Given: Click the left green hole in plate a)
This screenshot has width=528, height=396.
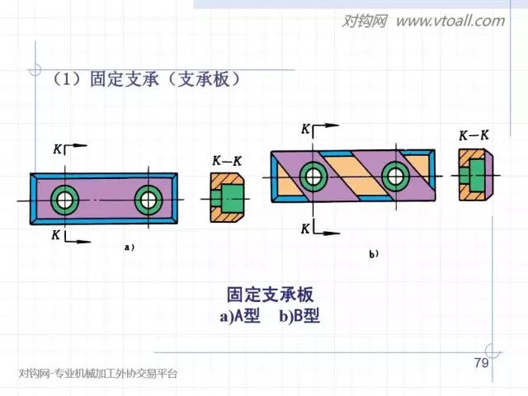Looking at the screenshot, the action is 64,199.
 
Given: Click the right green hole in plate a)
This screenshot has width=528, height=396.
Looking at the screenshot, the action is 148,199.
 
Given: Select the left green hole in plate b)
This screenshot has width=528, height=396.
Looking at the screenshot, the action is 313,175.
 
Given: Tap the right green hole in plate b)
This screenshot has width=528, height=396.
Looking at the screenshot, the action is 395,175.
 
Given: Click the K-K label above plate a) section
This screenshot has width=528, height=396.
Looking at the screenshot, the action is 225,162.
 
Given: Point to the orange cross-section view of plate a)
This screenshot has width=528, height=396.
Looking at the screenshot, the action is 224,199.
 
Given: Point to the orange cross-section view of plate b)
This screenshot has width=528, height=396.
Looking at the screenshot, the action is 474,174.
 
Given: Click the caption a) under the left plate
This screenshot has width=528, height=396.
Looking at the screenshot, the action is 129,246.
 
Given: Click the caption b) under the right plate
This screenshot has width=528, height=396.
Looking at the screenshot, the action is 374,255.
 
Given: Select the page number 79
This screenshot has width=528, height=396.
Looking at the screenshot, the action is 482,364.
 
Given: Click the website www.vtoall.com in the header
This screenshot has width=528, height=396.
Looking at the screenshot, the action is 450,21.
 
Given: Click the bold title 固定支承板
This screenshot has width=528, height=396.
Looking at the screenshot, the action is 270,295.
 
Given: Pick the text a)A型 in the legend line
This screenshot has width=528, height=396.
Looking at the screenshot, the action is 240,317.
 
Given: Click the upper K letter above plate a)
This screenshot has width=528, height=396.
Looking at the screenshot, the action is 56,149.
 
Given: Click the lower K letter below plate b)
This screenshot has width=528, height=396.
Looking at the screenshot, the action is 305,228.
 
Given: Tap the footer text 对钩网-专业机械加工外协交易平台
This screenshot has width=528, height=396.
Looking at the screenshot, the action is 97,374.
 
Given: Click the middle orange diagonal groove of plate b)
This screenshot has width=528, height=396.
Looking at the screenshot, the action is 353,174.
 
